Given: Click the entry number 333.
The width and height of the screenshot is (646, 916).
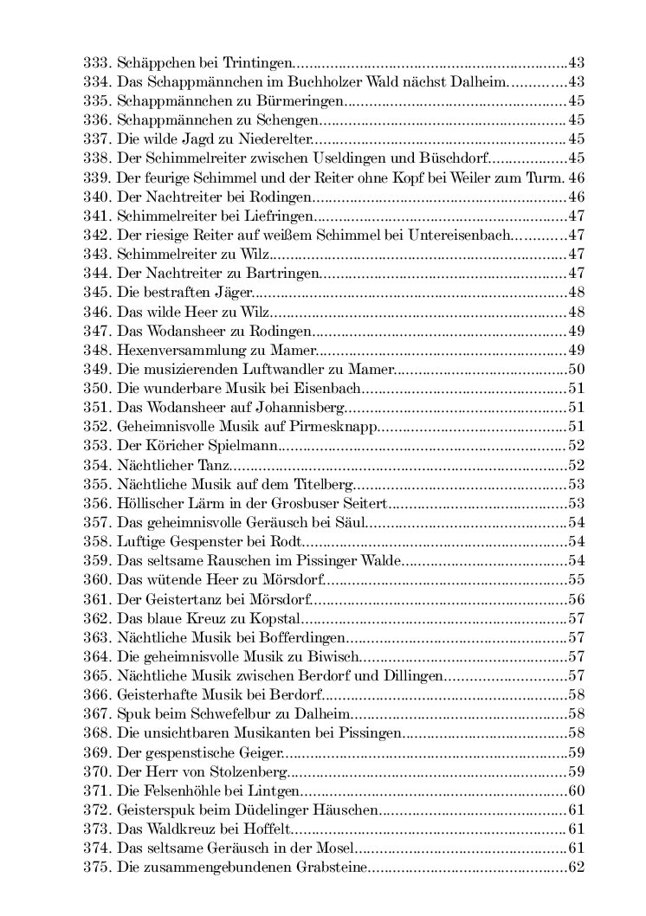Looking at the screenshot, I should (95, 63).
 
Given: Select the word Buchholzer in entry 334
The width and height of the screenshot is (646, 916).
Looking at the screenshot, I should (325, 82).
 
